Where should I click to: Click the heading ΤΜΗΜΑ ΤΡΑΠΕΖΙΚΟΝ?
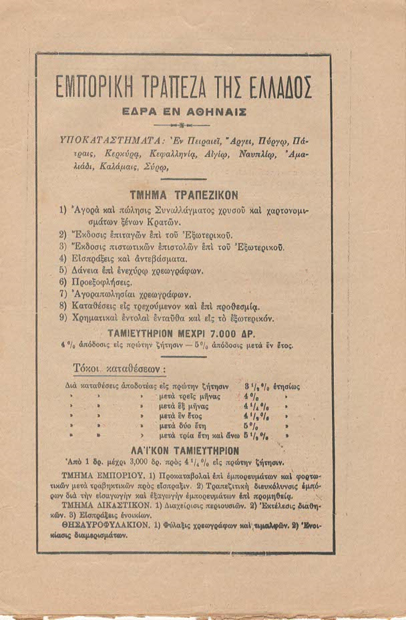[183, 195]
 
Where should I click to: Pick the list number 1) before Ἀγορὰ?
[63, 211]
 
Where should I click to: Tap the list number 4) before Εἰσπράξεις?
[63, 259]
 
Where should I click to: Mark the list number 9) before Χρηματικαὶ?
[63, 318]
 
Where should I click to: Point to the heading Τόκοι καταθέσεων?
[119, 369]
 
